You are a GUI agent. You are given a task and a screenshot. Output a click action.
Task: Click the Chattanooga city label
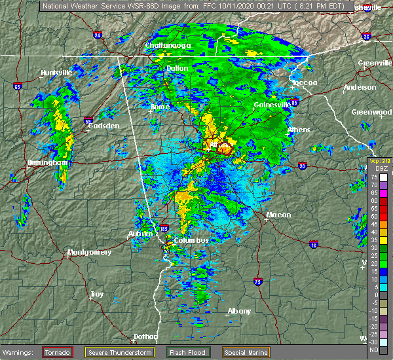tap(168, 45)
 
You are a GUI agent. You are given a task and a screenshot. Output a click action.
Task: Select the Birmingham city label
tap(48, 162)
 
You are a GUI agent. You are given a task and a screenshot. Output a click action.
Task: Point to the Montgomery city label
tap(90, 252)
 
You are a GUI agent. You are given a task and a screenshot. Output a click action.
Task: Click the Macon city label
tap(278, 215)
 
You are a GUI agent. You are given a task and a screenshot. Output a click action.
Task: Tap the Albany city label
tap(238, 311)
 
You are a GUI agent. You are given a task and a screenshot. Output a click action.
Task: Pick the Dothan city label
tap(145, 336)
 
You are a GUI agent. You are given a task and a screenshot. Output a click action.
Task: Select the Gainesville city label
tap(272, 105)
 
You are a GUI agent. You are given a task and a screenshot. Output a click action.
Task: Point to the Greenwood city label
tap(371, 112)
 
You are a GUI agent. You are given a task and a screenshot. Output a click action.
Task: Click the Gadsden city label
tap(104, 125)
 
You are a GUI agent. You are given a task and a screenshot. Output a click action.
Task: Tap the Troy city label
tap(97, 294)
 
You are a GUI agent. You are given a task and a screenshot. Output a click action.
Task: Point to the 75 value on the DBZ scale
tap(374, 177)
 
